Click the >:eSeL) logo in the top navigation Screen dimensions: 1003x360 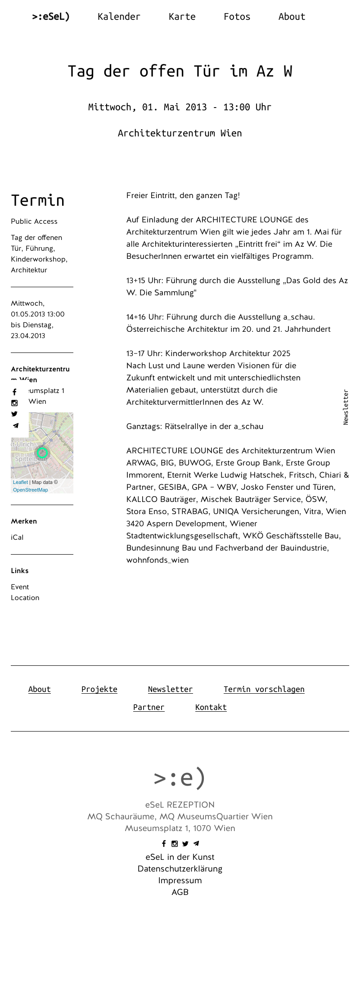[x=51, y=17]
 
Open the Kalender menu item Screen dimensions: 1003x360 [x=119, y=17]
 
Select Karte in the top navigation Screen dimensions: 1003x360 [x=182, y=17]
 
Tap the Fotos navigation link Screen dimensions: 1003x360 [x=237, y=17]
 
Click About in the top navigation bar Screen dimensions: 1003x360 [x=292, y=17]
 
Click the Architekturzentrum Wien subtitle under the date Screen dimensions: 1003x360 [x=180, y=133]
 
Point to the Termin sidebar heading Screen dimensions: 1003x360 [x=38, y=200]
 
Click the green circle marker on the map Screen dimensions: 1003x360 [x=42, y=453]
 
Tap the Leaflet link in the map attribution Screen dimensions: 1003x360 [x=20, y=482]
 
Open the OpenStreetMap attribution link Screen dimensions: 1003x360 [x=30, y=490]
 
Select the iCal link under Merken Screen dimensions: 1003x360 [x=17, y=538]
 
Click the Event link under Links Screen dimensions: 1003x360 [x=20, y=587]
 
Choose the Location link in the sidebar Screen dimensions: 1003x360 [x=25, y=598]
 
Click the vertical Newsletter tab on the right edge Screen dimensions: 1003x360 [x=346, y=407]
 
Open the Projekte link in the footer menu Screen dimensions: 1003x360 [x=99, y=689]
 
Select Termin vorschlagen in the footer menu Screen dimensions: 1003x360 [x=264, y=689]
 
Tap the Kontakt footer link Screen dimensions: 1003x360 [x=211, y=707]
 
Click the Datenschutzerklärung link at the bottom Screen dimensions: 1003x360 [x=180, y=869]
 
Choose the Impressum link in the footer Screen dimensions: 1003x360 [x=180, y=881]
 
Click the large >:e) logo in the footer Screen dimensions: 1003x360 [x=180, y=778]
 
